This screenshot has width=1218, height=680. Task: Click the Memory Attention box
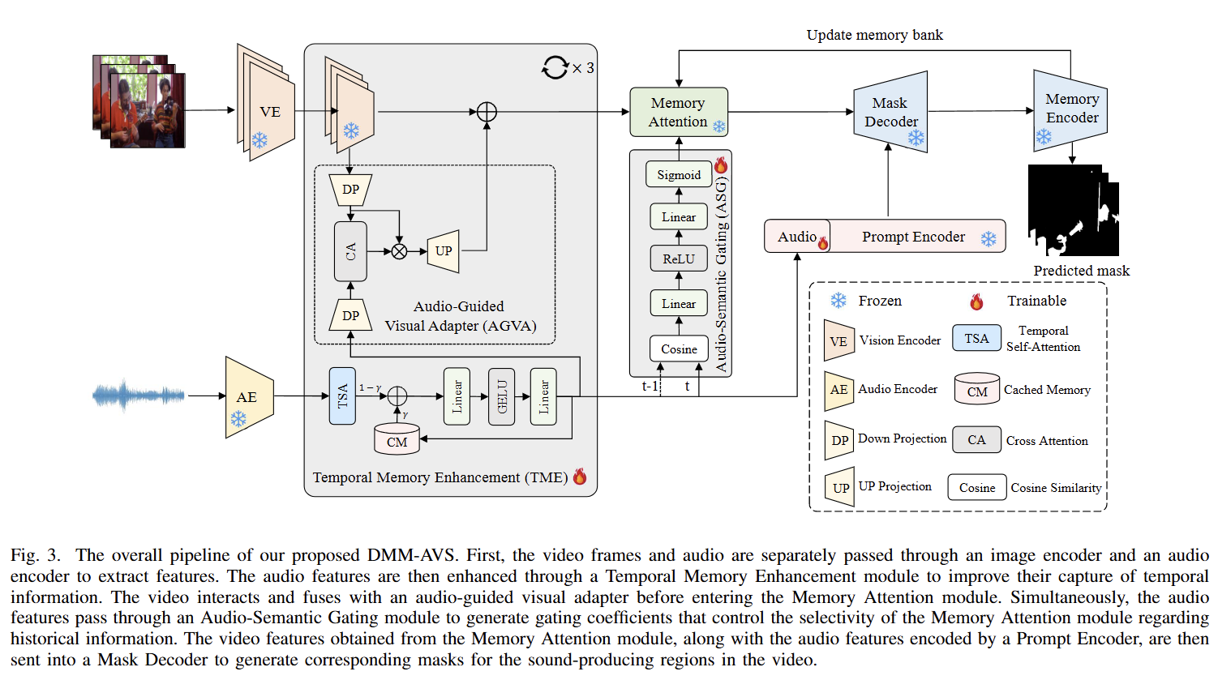click(679, 112)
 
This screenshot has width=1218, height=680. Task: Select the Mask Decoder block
click(890, 112)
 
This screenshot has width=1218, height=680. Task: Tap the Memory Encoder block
click(1070, 110)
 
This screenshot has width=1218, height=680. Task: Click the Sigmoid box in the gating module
click(679, 174)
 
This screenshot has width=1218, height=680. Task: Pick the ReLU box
click(679, 259)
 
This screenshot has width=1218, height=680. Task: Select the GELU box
click(501, 396)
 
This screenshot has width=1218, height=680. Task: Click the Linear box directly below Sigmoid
click(679, 217)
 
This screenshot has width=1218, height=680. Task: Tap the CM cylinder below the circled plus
click(397, 440)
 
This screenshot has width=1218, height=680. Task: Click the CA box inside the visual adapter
click(350, 251)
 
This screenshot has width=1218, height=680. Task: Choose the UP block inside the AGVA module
click(444, 251)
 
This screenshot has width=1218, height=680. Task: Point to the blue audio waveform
click(138, 396)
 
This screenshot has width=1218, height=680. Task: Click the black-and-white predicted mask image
click(1074, 211)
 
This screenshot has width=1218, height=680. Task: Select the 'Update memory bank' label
click(874, 36)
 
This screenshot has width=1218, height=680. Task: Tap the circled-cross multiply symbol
click(399, 252)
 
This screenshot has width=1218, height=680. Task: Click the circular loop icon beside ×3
click(555, 67)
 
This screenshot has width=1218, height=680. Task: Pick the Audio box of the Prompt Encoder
click(797, 237)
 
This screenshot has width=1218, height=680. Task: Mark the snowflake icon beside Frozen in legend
click(838, 301)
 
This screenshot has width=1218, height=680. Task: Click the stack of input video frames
click(139, 101)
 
